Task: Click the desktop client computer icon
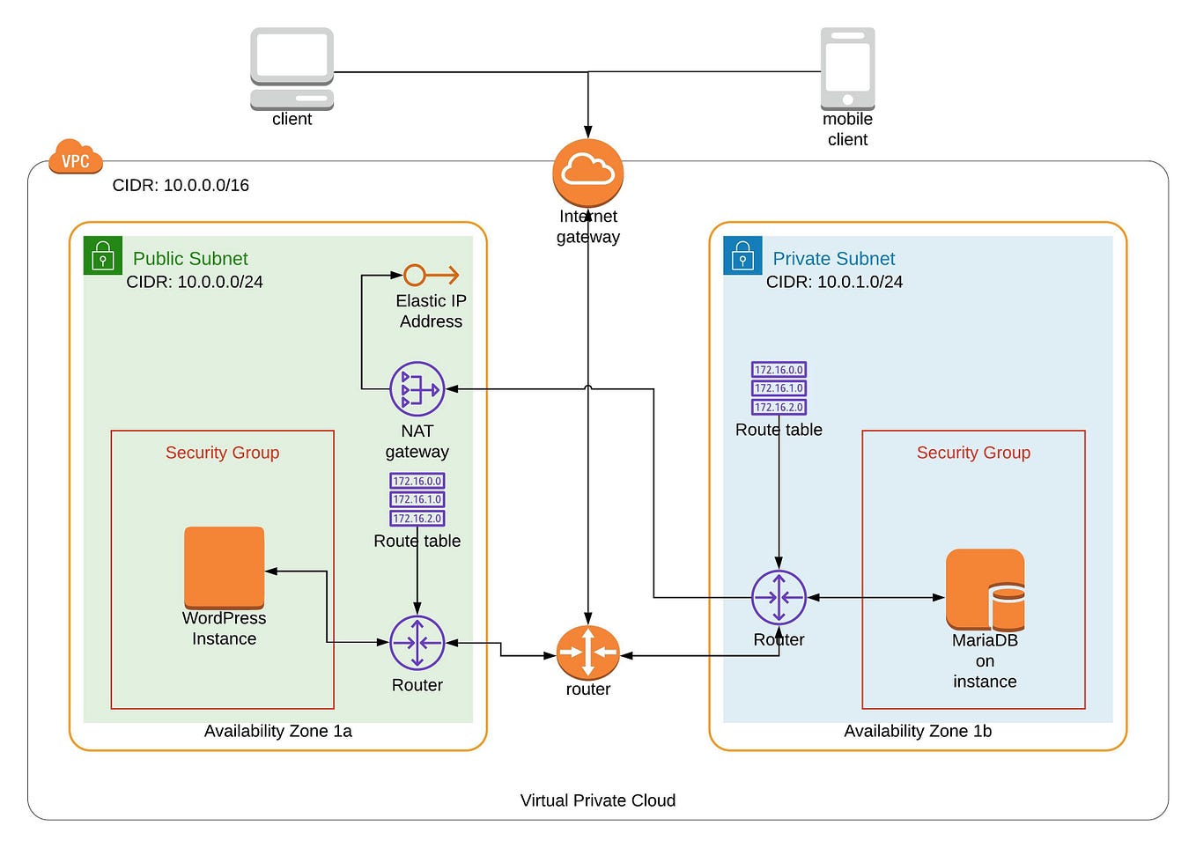292,68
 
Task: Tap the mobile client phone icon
847,68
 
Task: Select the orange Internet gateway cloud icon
587,172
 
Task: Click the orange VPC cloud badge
76,159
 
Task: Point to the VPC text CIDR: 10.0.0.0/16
181,186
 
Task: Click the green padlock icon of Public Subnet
103,256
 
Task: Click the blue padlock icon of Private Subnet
742,256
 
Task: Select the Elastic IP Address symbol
431,276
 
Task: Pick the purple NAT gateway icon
417,389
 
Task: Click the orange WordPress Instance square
224,567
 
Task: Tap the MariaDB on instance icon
985,589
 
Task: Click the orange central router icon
587,653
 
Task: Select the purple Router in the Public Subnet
417,643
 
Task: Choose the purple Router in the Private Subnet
779,598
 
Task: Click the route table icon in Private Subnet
779,388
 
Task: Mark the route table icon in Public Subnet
417,499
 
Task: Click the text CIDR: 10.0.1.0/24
834,282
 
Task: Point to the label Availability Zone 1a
277,731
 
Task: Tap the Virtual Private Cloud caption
597,800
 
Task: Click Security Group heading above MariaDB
973,453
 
